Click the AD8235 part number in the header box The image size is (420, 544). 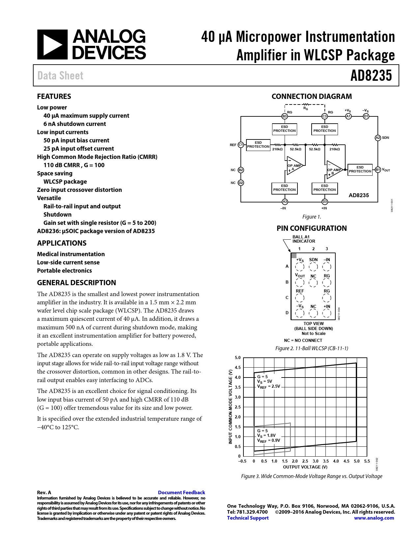click(371, 76)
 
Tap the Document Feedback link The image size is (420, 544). click(181, 493)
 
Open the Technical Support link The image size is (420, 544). click(248, 518)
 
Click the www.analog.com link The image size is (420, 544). click(374, 518)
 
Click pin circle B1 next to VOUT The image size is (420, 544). click(378, 170)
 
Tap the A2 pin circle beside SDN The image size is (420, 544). click(378, 138)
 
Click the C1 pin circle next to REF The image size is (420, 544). click(241, 145)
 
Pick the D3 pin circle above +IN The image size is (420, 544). click(324, 202)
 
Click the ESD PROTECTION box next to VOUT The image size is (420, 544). click(360, 169)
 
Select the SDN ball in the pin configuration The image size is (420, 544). click(313, 267)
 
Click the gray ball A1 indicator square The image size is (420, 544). click(294, 256)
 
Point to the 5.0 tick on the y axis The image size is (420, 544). click(238, 358)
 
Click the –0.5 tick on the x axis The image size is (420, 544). click(242, 461)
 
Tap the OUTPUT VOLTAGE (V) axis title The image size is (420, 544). click(305, 467)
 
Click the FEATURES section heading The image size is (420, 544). click(54, 97)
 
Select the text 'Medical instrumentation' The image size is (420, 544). click(71, 254)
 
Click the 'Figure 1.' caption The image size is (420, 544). click(312, 217)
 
